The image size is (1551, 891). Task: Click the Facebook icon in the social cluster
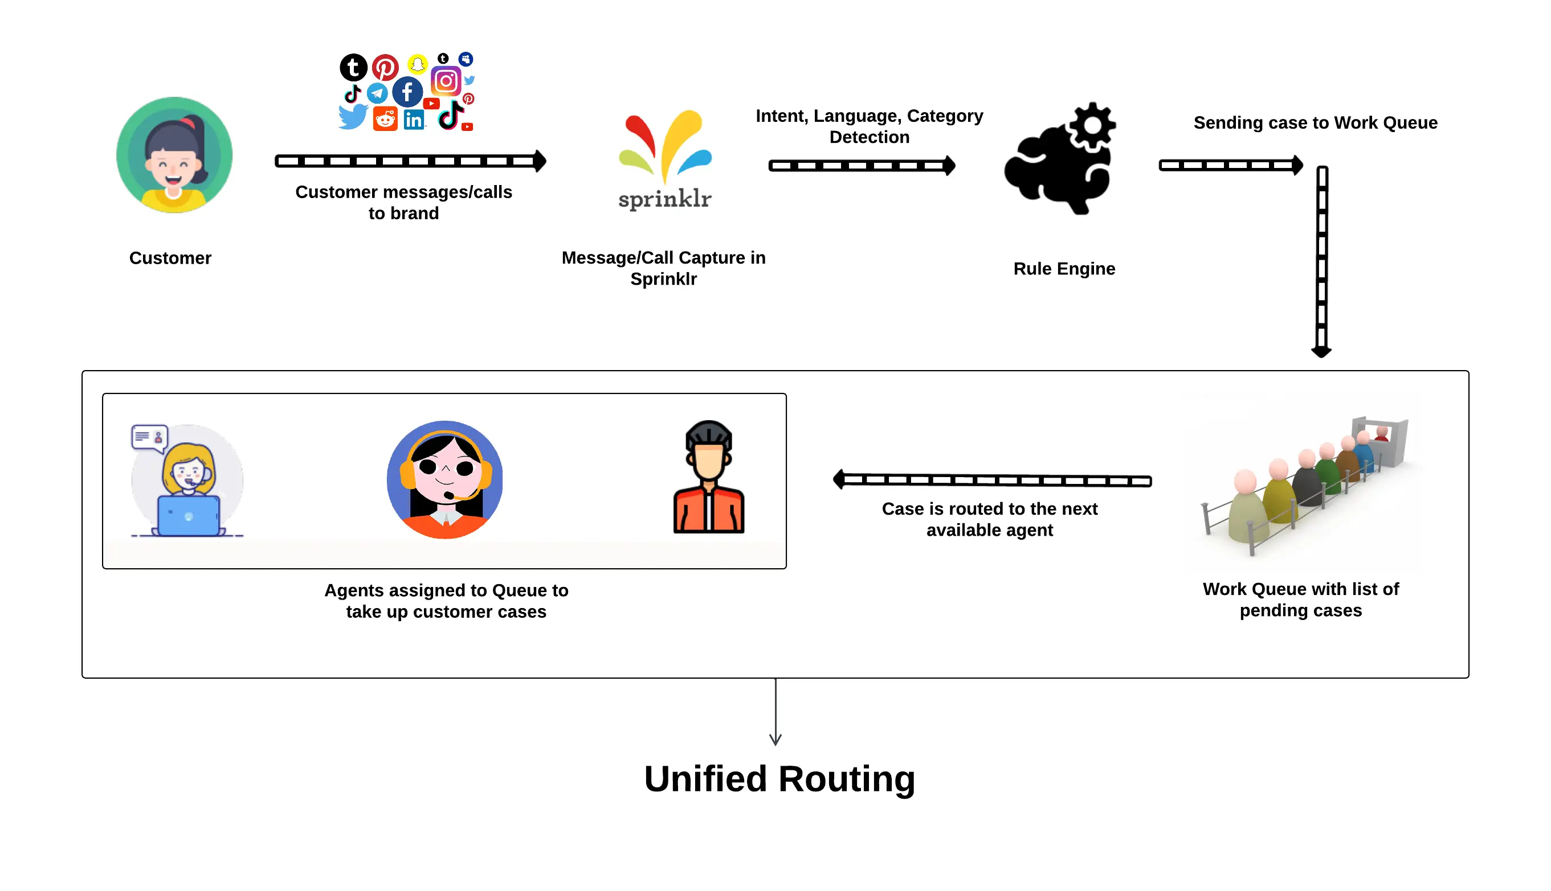coord(407,92)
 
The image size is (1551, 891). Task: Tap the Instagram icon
coord(446,81)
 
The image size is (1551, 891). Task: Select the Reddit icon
coord(385,119)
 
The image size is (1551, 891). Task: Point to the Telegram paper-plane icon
coord(377,93)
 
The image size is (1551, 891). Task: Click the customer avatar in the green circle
coord(174,155)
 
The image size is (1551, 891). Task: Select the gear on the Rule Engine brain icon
coord(1092,125)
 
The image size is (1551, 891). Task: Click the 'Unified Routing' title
coord(779,779)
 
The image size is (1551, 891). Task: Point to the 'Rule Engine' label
coord(1064,269)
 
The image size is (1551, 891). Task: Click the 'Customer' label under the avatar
coord(170,258)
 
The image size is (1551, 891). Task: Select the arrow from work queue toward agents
coord(992,481)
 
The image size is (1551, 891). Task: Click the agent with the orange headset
coord(445,479)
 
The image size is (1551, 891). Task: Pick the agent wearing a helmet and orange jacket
coord(708,477)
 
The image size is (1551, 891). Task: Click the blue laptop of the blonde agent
coord(189,516)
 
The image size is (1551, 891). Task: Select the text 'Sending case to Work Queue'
coord(1315,123)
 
